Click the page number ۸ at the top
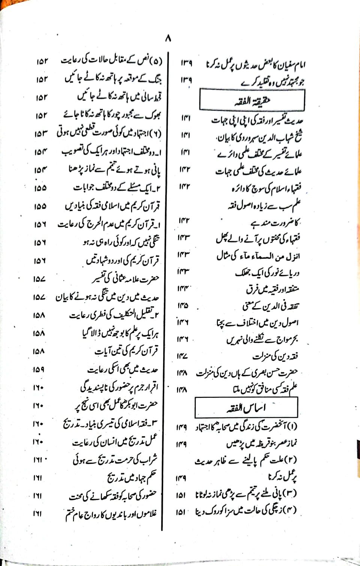[168, 38]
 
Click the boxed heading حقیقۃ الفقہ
[252, 100]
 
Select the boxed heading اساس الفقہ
[246, 407]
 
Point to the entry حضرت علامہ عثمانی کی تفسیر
[126, 279]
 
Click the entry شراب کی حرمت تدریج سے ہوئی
[115, 460]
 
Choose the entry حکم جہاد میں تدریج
[131, 478]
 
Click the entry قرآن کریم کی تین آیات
[126, 351]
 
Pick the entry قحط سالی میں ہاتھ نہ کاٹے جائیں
[120, 96]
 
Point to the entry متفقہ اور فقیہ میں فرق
[272, 290]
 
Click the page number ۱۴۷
[182, 356]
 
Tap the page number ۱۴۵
[183, 306]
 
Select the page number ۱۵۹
[39, 369]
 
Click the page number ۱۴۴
[183, 289]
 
